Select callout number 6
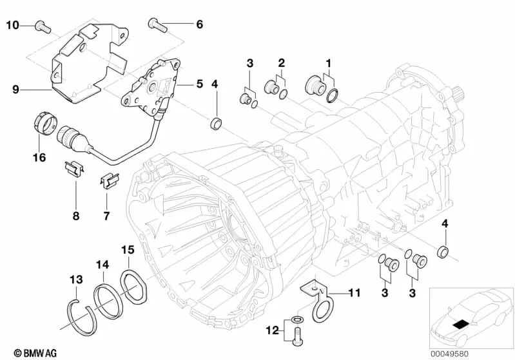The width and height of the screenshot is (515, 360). [199, 24]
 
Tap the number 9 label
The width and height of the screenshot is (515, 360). [15, 90]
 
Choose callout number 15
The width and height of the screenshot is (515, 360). [128, 249]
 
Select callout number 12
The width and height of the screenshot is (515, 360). [271, 330]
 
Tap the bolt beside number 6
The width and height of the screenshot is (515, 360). [157, 25]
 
